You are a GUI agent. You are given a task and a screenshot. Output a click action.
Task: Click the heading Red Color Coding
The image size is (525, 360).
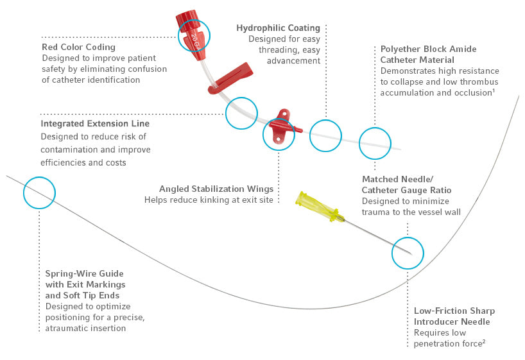(x=78, y=47)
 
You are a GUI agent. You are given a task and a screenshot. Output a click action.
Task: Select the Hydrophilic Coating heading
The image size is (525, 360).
(x=278, y=28)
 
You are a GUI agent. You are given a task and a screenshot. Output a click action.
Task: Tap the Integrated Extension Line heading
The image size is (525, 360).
(x=95, y=123)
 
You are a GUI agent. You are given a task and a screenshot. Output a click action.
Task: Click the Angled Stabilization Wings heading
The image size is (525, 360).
(x=216, y=189)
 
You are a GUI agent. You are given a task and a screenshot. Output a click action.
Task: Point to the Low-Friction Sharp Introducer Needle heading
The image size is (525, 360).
(x=454, y=316)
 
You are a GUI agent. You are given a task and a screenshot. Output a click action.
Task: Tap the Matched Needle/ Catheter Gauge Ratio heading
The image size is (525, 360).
(x=407, y=185)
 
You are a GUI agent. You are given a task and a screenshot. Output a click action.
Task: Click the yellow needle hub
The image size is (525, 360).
(x=320, y=207)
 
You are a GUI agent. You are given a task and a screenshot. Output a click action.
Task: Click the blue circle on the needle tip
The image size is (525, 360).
(x=408, y=253)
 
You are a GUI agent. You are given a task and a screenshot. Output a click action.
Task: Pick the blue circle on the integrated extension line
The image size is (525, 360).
(x=241, y=113)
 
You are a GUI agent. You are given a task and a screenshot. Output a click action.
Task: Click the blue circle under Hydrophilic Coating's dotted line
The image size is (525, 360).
(x=325, y=136)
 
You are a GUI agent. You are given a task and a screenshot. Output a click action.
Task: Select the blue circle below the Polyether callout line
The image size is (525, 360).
(x=374, y=143)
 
